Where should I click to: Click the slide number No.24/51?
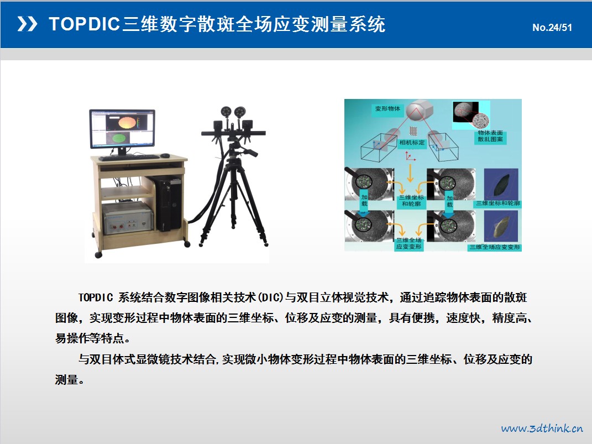(552, 28)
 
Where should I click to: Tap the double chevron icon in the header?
(27, 24)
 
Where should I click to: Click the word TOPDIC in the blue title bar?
(84, 24)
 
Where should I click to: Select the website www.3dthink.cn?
(542, 428)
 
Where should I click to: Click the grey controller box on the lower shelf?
(128, 218)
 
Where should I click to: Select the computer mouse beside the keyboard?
(165, 155)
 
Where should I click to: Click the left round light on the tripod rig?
(226, 112)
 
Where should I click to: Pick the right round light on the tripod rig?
(240, 112)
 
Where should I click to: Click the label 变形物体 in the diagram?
(387, 109)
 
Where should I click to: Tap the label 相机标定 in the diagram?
(412, 143)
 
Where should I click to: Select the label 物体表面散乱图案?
(490, 136)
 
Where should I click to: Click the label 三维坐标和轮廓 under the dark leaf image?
(497, 203)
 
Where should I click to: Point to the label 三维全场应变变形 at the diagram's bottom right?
(495, 247)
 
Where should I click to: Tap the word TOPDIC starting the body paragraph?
(96, 297)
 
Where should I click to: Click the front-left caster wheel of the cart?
(98, 255)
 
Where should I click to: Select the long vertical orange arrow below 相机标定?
(410, 173)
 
